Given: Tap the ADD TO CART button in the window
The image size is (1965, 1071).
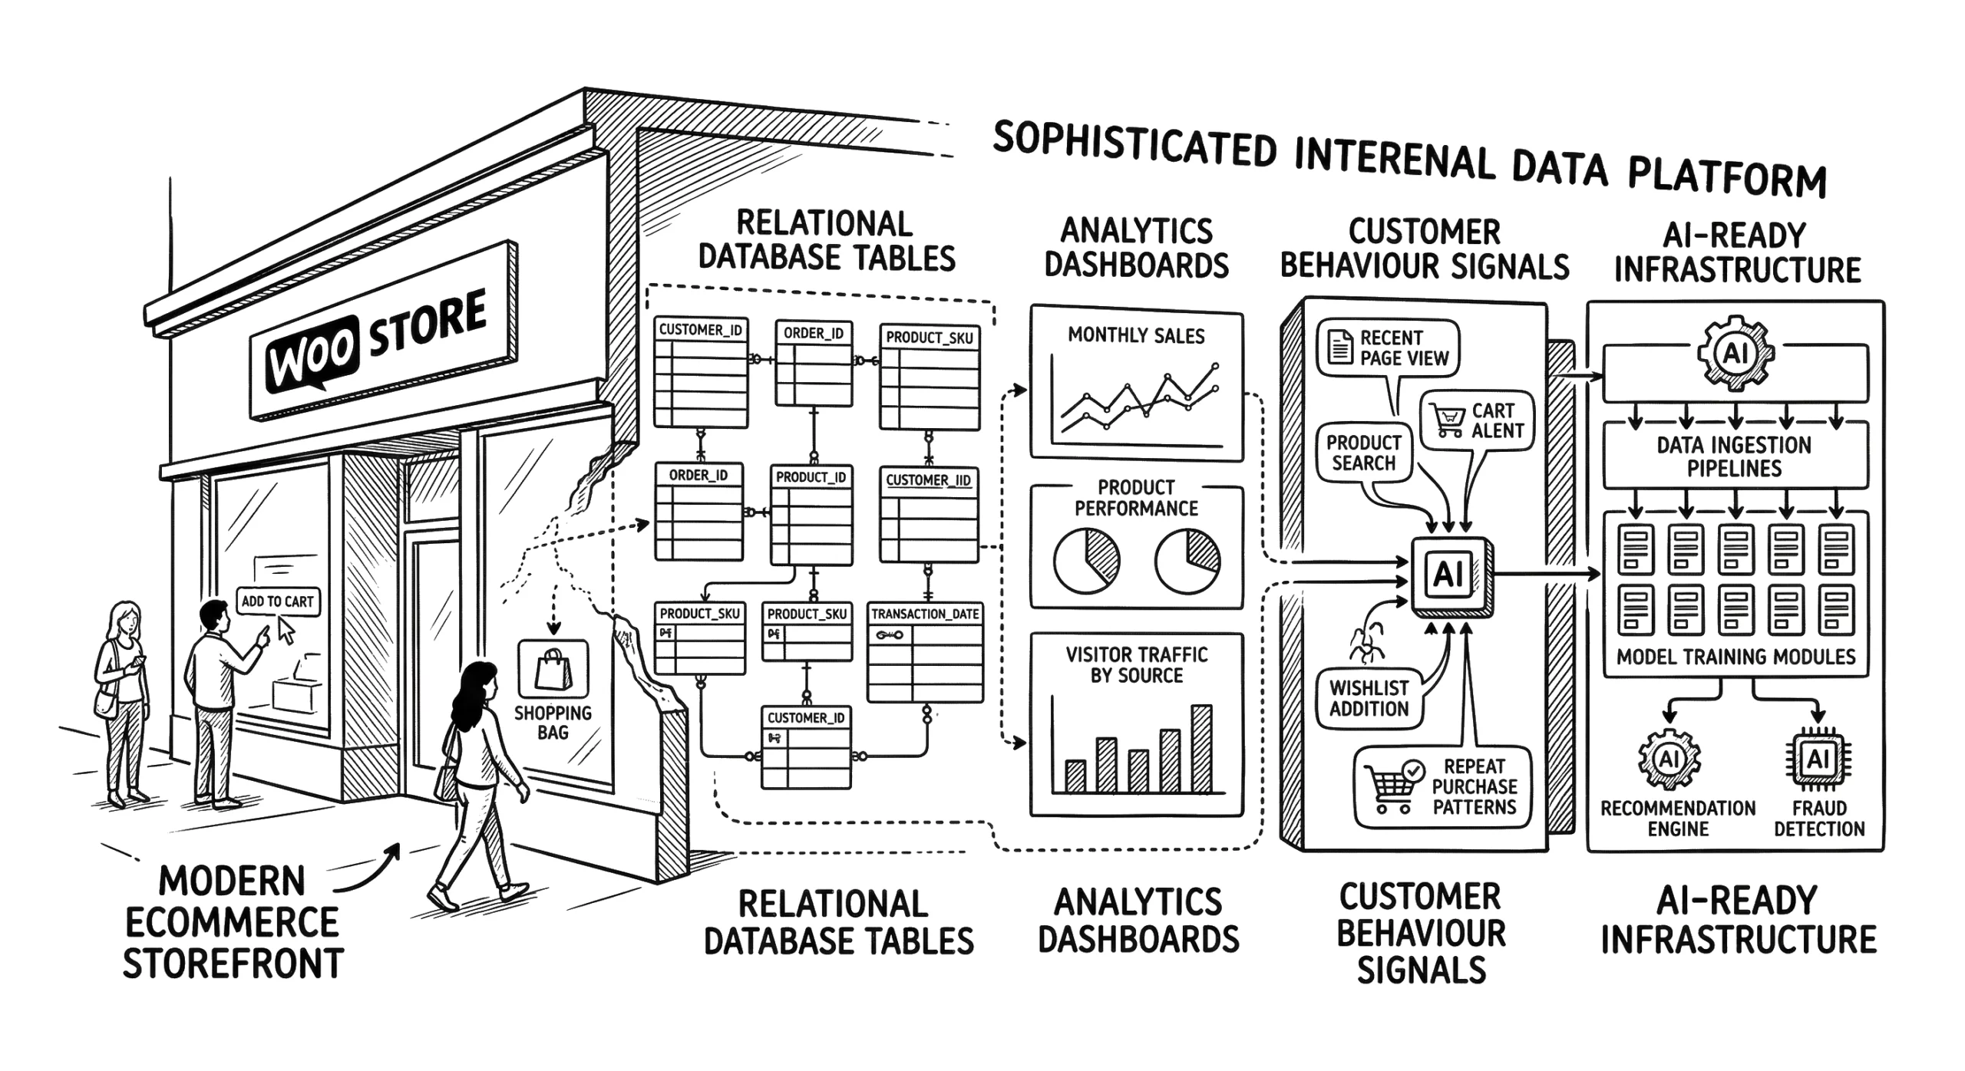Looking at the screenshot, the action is click(x=277, y=601).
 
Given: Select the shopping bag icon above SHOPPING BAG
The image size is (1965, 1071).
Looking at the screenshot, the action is click(x=553, y=669).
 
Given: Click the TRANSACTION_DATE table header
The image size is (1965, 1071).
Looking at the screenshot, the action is click(x=925, y=614).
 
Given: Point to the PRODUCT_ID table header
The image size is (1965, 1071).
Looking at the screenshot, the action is click(x=811, y=477).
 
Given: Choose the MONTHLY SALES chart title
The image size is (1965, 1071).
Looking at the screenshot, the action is click(x=1136, y=336).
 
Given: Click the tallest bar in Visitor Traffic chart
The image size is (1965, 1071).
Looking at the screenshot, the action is click(x=1201, y=748).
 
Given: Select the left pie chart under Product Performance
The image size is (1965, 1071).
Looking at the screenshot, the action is click(x=1086, y=562).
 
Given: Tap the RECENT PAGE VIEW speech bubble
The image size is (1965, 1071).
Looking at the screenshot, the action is click(x=1388, y=348).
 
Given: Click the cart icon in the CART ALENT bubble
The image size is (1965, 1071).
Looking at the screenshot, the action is click(x=1448, y=419).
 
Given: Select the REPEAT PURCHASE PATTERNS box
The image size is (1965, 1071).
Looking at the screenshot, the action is click(x=1442, y=787).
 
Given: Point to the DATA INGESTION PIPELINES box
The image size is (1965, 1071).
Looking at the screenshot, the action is click(x=1735, y=456).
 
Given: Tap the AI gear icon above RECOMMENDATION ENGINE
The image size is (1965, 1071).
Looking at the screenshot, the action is click(x=1669, y=760).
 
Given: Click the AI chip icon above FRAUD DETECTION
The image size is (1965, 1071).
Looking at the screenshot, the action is click(x=1818, y=760).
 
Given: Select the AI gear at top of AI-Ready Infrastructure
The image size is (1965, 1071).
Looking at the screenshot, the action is click(x=1735, y=354).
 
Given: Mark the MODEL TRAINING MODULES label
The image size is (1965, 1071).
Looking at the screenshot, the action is click(x=1735, y=657).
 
